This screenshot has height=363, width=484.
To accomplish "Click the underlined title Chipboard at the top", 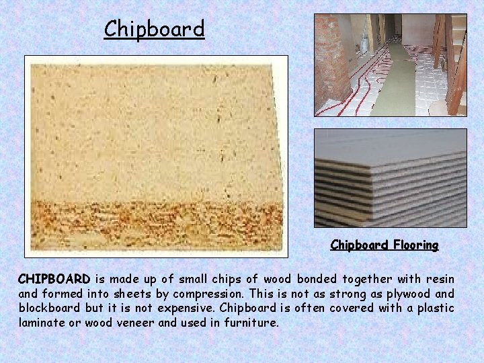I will click(154, 29).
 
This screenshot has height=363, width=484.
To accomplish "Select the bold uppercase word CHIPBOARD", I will click(54, 279).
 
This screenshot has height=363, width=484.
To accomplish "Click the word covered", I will click(361, 309).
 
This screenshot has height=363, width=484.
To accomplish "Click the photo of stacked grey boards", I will click(390, 178).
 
